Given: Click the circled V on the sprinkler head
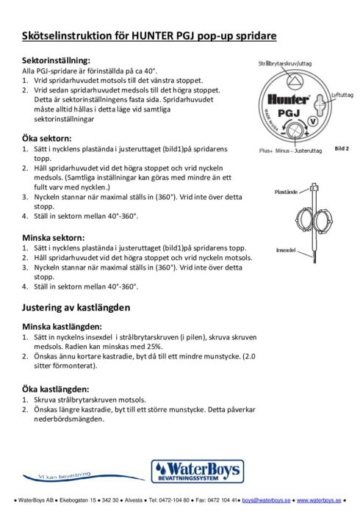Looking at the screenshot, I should (314, 121).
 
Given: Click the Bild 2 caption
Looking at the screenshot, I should (342, 148).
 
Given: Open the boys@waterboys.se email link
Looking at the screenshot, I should (266, 499).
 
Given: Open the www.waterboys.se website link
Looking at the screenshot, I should (320, 499).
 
